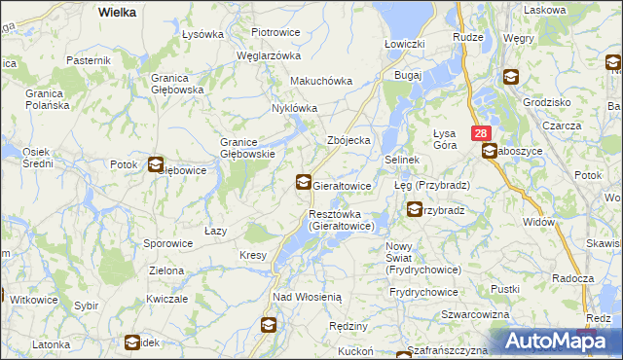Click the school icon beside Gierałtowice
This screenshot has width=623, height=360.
tap(304, 181)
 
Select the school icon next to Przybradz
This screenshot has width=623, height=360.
tap(416, 208)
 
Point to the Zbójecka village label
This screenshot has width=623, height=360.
tap(349, 140)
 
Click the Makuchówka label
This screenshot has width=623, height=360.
tap(320, 81)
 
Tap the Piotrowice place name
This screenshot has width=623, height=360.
tap(275, 32)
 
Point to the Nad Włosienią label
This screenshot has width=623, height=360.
tap(307, 296)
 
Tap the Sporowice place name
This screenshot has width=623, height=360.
tap(167, 243)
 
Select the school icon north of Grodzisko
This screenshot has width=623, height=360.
tap(511, 77)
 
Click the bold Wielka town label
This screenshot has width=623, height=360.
tap(117, 12)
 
